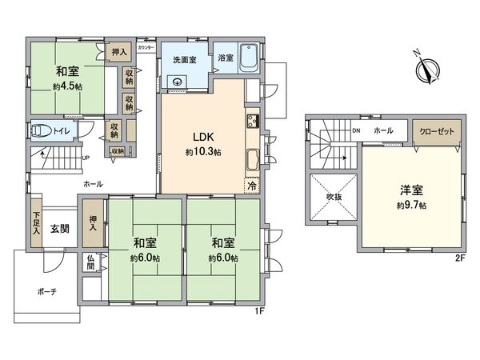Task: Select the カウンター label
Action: (x=146, y=48)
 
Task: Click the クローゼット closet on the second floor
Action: (x=437, y=130)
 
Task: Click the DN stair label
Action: (x=356, y=130)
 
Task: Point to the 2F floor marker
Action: (x=461, y=258)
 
